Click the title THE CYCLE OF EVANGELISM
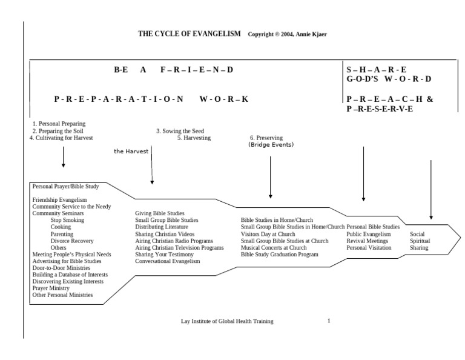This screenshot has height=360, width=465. click(x=190, y=33)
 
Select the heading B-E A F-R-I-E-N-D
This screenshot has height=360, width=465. click(x=173, y=70)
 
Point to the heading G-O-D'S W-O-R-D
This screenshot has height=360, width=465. click(x=389, y=79)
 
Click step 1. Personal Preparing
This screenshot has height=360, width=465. click(x=59, y=124)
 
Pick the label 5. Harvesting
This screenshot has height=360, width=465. click(x=194, y=138)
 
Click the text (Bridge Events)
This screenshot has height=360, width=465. click(x=271, y=145)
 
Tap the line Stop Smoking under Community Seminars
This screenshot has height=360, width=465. click(x=68, y=219)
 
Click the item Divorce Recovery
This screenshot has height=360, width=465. click(x=72, y=241)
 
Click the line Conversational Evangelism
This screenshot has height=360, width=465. click(x=167, y=261)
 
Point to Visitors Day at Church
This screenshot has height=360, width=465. click(x=268, y=234)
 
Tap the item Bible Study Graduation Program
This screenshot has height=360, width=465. click(x=279, y=255)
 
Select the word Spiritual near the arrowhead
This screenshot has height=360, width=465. click(x=421, y=241)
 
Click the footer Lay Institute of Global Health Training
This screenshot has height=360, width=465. click(x=228, y=321)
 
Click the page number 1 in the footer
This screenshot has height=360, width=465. click(x=329, y=321)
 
